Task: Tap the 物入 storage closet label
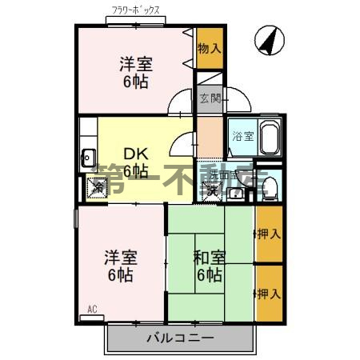coord(210,49)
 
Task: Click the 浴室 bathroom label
coord(242,136)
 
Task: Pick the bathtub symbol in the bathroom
coord(268,138)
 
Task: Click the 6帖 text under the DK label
coord(134,170)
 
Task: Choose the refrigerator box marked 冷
coord(97,189)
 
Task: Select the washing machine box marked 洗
coord(212,190)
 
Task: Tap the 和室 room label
coord(210,258)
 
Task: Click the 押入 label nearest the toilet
coord(269,234)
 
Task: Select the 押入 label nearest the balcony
coord(269,294)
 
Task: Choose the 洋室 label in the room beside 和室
coord(121,258)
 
